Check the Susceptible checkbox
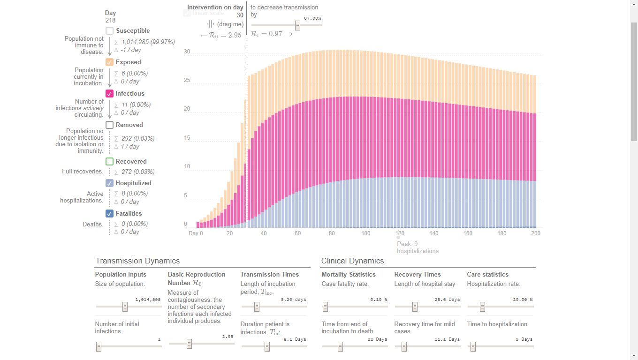pyautogui.click(x=109, y=31)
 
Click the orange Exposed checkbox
pyautogui.click(x=109, y=62)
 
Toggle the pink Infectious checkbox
pyautogui.click(x=109, y=94)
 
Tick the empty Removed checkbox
pyautogui.click(x=109, y=125)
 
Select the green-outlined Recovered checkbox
pyautogui.click(x=109, y=162)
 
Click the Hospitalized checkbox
pyautogui.click(x=109, y=183)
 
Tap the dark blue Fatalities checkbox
pyautogui.click(x=109, y=214)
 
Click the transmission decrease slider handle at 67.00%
pyautogui.click(x=297, y=25)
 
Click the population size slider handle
pyautogui.click(x=125, y=307)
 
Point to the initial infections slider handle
pyautogui.click(x=99, y=346)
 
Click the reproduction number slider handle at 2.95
pyautogui.click(x=189, y=344)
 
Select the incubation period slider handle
pyautogui.click(x=257, y=307)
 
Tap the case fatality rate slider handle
pyautogui.click(x=325, y=307)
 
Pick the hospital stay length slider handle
pyautogui.click(x=415, y=307)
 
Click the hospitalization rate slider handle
pyautogui.click(x=482, y=307)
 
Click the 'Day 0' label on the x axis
pyautogui.click(x=196, y=233)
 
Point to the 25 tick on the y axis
pyautogui.click(x=187, y=81)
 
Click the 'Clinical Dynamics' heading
pyautogui.click(x=352, y=261)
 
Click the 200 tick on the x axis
pyautogui.click(x=536, y=233)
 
